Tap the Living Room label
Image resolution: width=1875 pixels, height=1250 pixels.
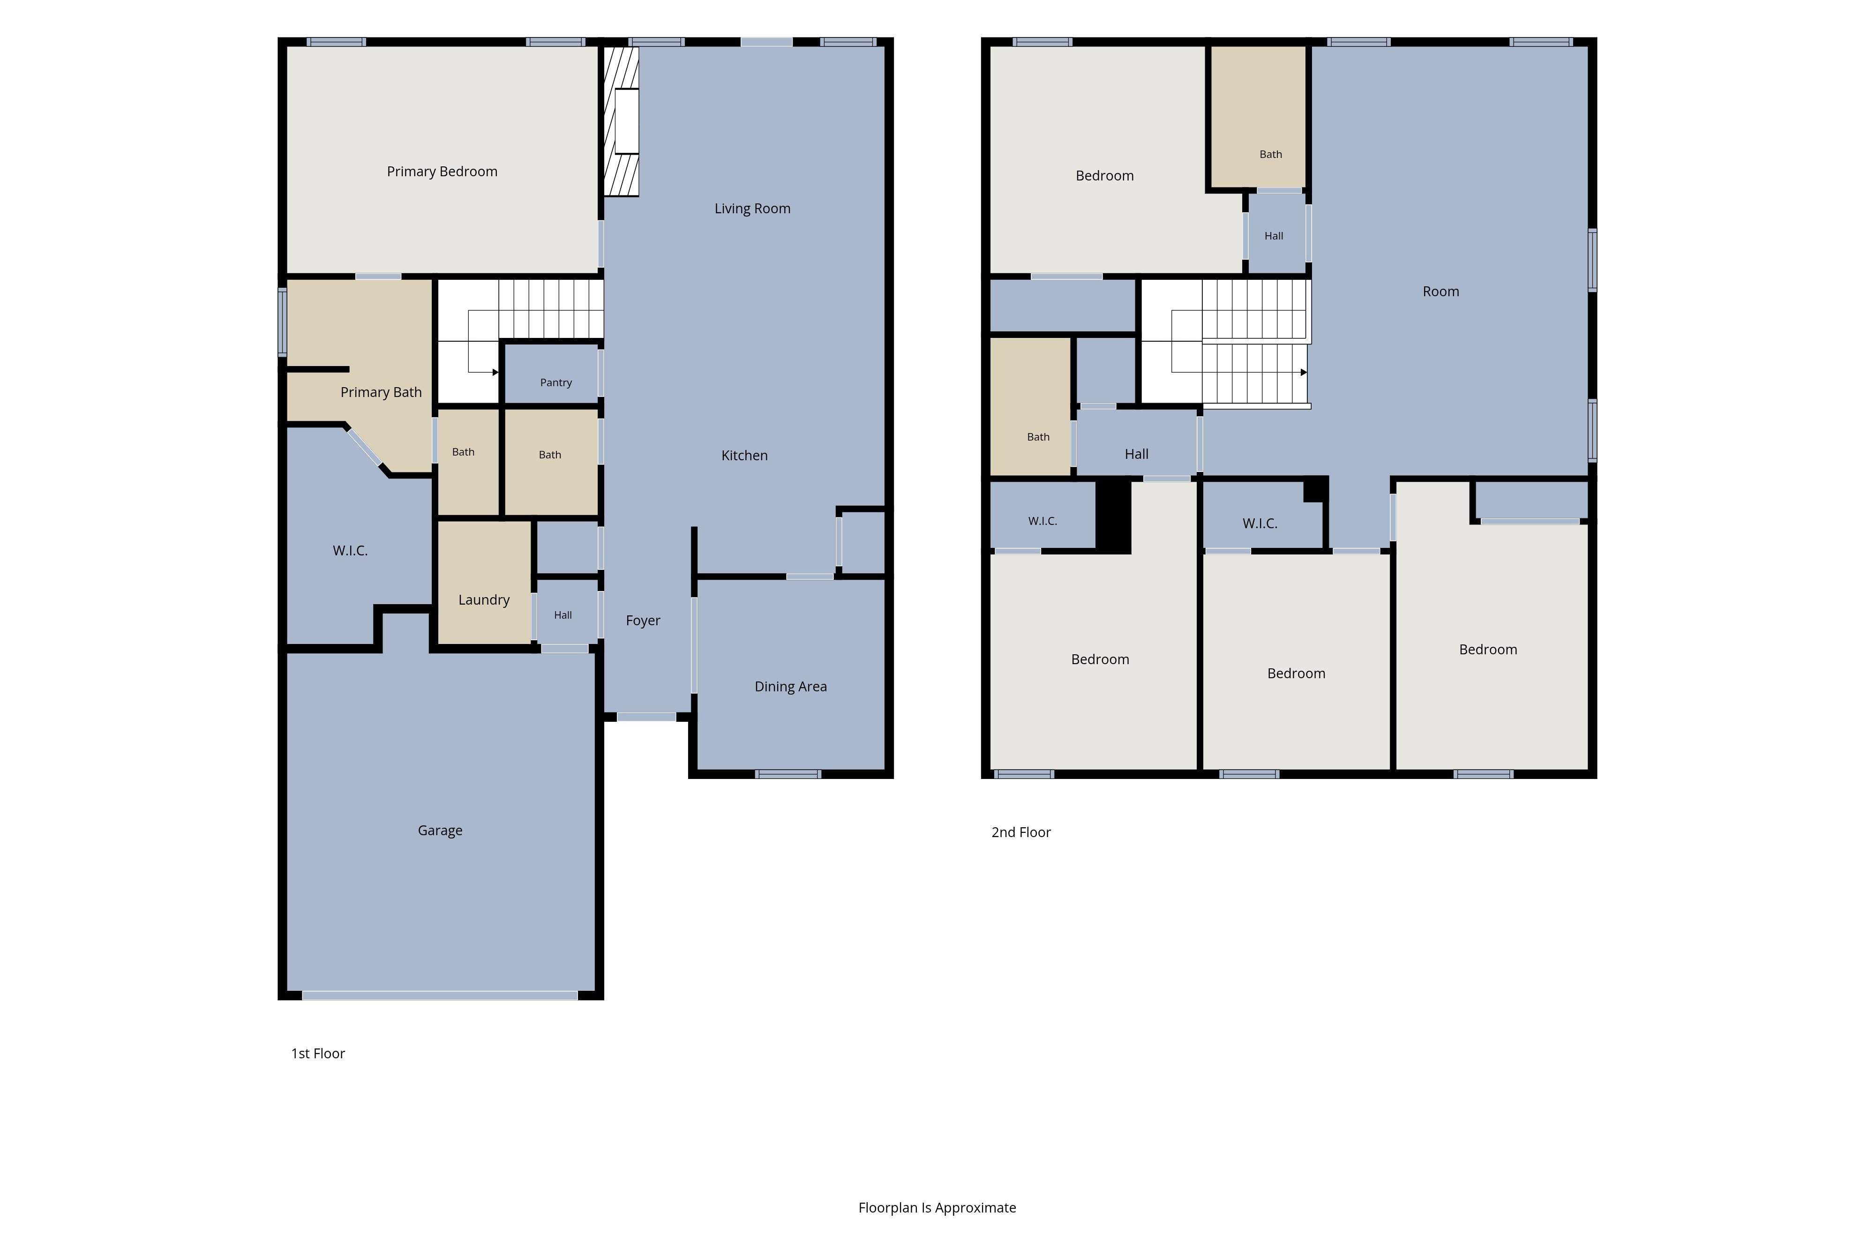click(x=752, y=209)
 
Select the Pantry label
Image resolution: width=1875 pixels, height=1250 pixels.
click(x=555, y=382)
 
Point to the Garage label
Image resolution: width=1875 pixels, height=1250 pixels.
click(x=440, y=831)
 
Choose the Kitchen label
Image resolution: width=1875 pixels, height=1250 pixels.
click(x=744, y=455)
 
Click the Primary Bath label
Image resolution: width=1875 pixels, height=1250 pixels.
click(x=381, y=392)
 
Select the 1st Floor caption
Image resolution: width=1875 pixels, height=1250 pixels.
click(x=318, y=1054)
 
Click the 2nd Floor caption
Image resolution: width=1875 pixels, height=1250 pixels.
click(x=1021, y=832)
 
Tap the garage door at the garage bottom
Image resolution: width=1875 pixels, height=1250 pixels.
click(x=440, y=996)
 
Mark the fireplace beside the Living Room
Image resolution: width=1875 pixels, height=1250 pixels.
click(x=621, y=121)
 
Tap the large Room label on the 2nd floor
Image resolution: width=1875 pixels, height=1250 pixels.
click(x=1440, y=292)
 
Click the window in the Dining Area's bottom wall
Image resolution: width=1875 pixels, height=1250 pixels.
click(x=787, y=774)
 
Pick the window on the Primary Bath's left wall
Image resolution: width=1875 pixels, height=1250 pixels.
click(x=282, y=322)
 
